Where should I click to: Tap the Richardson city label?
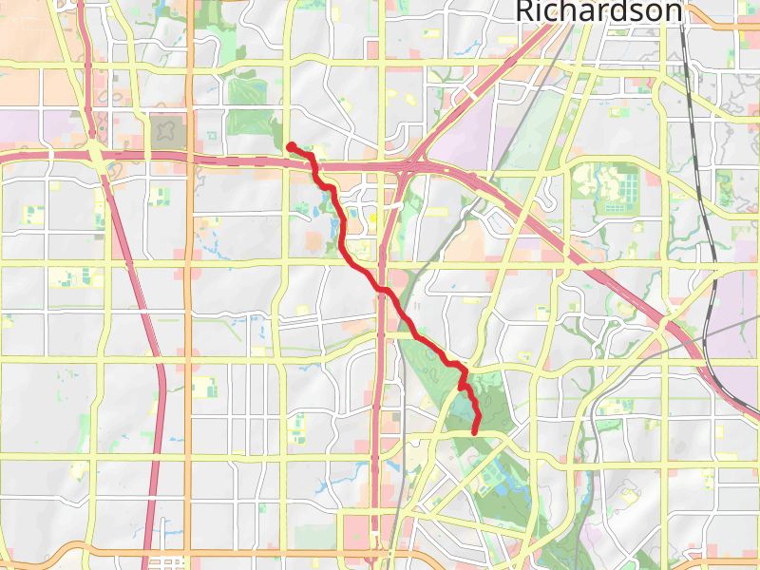[598, 10]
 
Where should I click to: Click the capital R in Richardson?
[525, 10]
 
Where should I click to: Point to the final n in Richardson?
[672, 11]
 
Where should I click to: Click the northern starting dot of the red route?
[291, 145]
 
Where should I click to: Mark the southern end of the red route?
[474, 432]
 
